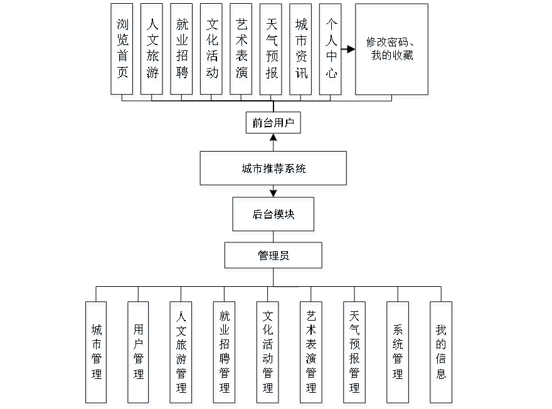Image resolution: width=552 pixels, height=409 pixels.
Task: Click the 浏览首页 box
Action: (x=122, y=51)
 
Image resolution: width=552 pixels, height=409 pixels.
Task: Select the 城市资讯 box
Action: (x=302, y=51)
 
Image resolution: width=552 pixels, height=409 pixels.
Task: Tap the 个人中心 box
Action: (x=331, y=51)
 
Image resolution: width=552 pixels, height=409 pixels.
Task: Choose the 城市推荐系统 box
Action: (x=273, y=170)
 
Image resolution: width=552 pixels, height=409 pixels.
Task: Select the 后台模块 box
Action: (x=273, y=215)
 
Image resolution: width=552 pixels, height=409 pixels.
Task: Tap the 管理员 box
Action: (x=274, y=257)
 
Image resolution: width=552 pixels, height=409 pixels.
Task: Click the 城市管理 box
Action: (x=97, y=354)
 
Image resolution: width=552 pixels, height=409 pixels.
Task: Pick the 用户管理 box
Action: (x=139, y=354)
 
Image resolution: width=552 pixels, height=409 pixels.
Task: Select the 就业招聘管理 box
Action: (x=225, y=354)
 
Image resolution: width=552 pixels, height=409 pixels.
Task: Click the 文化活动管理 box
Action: (x=268, y=354)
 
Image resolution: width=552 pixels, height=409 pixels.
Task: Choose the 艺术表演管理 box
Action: (x=311, y=354)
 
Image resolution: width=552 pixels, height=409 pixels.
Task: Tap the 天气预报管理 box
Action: (x=354, y=354)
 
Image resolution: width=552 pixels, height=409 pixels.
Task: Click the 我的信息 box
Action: (x=442, y=354)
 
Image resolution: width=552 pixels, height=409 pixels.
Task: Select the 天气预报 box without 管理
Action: (x=272, y=51)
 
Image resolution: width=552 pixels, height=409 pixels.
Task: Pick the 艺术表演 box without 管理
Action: (x=242, y=51)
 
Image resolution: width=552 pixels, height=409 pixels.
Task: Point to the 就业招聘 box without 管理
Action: (x=182, y=51)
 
